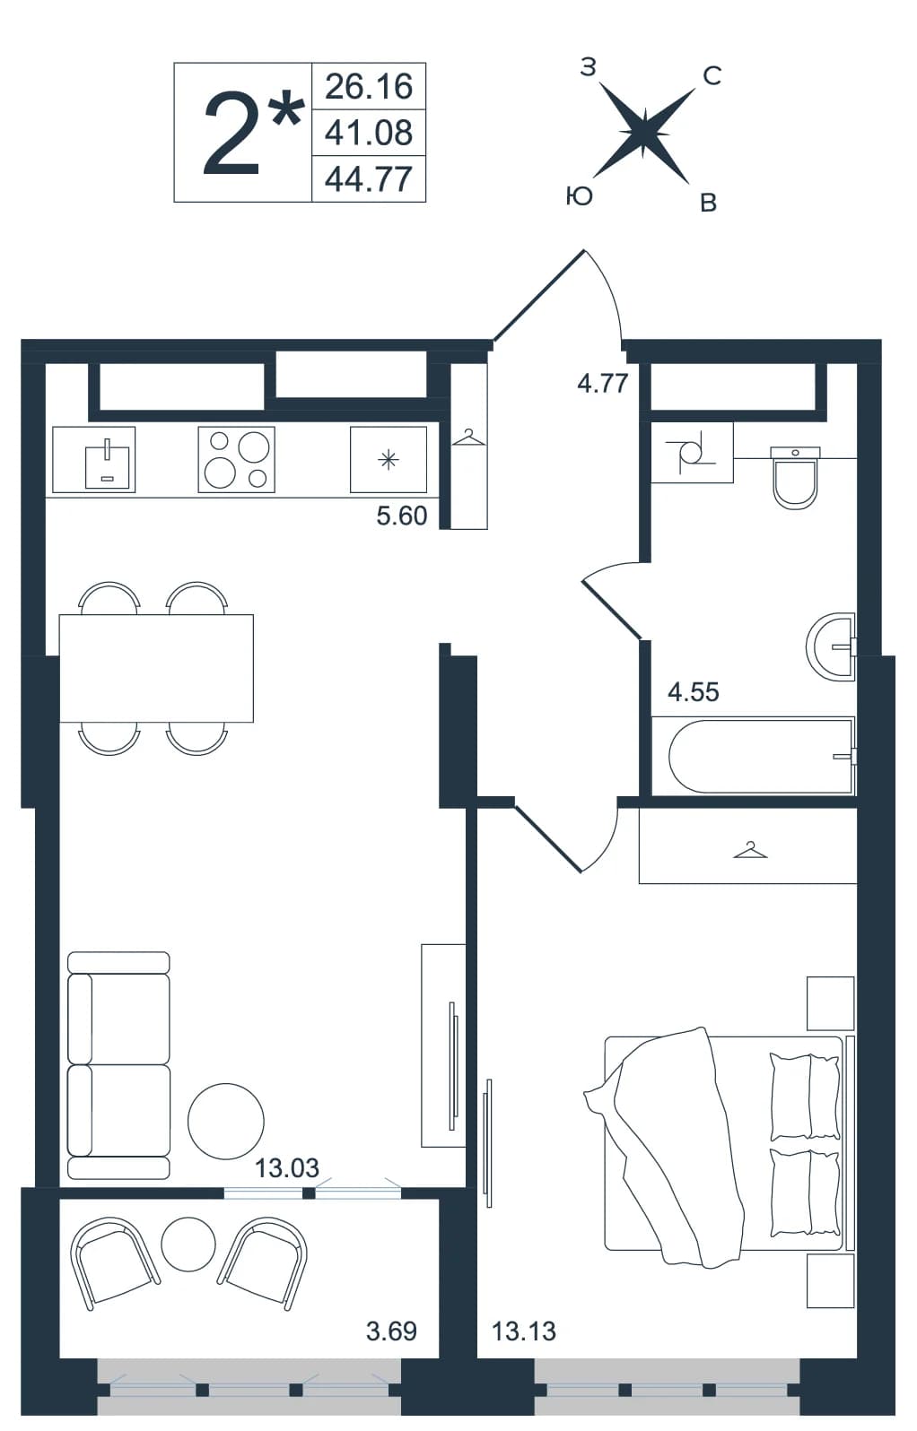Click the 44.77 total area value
click(x=369, y=179)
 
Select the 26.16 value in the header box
click(x=369, y=86)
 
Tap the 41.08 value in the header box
click(x=369, y=133)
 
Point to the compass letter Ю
click(x=580, y=196)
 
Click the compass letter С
click(x=712, y=76)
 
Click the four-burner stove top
click(x=237, y=460)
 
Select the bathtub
click(x=754, y=757)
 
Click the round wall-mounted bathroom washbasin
click(x=830, y=647)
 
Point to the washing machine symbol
click(x=692, y=452)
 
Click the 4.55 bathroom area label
click(x=694, y=692)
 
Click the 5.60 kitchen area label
click(x=402, y=516)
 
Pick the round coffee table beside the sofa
click(x=226, y=1121)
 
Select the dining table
click(x=156, y=668)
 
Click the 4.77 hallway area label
click(x=603, y=384)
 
